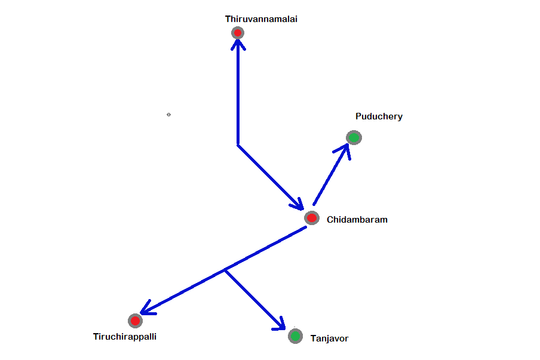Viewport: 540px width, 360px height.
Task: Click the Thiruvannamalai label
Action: point(261,19)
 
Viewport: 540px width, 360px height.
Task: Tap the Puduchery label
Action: point(379,116)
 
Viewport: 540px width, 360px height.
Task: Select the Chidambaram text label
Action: point(357,220)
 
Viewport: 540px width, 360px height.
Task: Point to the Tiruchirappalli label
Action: point(125,337)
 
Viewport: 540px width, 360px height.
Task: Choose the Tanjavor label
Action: point(329,339)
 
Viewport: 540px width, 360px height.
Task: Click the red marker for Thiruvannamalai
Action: point(238,33)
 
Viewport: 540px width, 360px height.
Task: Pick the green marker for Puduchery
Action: point(354,138)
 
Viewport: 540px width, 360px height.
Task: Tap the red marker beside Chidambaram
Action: point(312,218)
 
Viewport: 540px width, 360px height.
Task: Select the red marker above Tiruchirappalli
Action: point(135,321)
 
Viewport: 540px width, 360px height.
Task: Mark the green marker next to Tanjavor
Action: point(295,336)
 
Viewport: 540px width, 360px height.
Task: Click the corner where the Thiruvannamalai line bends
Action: point(238,144)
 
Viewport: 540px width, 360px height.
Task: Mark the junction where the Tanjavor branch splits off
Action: point(225,270)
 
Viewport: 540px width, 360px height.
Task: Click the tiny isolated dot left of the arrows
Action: point(168,114)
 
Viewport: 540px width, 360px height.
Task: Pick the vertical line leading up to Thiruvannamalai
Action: point(238,96)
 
